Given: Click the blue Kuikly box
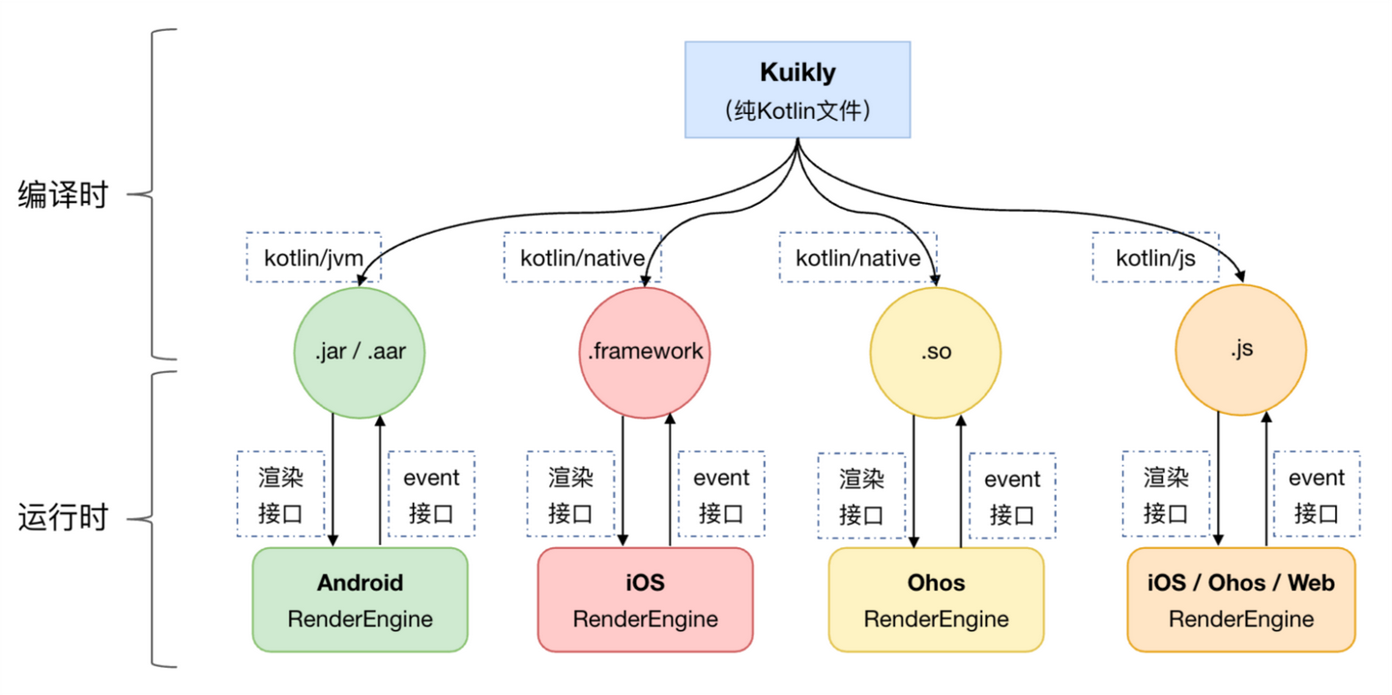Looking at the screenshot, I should [797, 89].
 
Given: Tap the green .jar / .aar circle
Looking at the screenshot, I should [360, 352].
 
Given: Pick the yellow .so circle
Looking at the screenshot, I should [935, 352].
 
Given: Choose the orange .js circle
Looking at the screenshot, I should [1241, 350].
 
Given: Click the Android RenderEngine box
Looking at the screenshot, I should [360, 600].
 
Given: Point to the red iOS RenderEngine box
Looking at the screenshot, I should [645, 600].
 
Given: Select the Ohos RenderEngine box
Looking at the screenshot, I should [936, 600].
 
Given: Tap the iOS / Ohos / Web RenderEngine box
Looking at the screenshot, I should [1241, 600].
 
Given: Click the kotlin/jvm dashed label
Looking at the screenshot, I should [309, 258].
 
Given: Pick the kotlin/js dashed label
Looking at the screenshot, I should [1155, 258].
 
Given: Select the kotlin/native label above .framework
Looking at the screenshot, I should [582, 258].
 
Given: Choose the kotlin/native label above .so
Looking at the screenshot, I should [857, 258].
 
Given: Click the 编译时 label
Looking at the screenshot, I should [63, 195].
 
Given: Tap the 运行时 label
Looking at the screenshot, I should [63, 518].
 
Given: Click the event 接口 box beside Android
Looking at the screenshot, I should [431, 494].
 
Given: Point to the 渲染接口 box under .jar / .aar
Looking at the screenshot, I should [280, 494].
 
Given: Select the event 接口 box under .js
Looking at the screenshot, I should [1317, 494].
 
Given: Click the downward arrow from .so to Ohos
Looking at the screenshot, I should [913, 483].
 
